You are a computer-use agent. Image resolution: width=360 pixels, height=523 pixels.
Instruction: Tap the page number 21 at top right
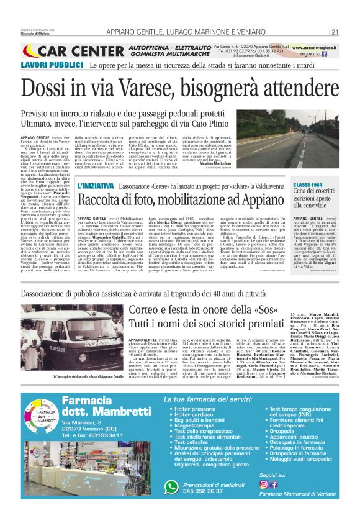[x=335, y=32]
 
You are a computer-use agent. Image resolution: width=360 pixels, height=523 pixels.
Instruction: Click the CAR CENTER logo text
[x=74, y=50]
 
